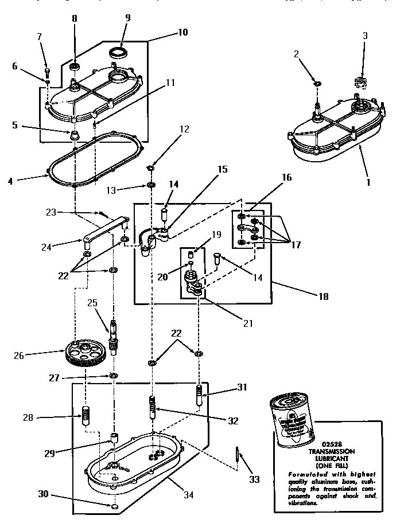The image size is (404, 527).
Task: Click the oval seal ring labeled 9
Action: (120, 53)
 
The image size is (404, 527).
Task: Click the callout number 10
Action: (182, 33)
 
